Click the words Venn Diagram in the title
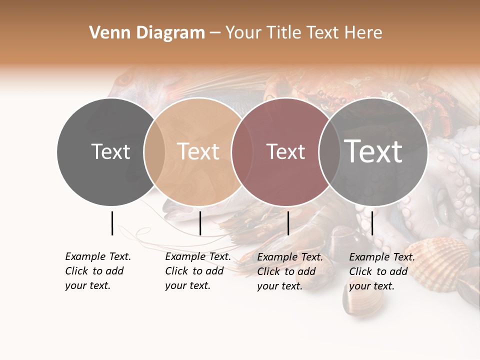tap(147, 33)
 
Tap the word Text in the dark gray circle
tap(110, 151)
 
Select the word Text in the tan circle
tap(198, 151)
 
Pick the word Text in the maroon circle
tap(285, 151)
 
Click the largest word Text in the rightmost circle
tap(373, 151)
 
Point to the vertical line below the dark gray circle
tap(112, 223)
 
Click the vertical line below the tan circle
tap(200, 223)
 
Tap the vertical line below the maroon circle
tap(288, 223)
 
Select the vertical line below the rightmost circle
tap(372, 223)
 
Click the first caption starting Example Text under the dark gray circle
tap(98, 271)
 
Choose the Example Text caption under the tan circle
tap(198, 271)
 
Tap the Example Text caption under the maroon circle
tap(290, 271)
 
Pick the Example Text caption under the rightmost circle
tap(382, 271)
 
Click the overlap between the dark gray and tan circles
tap(154, 151)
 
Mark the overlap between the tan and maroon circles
tap(241, 151)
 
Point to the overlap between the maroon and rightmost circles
tap(329, 151)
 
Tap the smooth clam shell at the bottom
tap(362, 302)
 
